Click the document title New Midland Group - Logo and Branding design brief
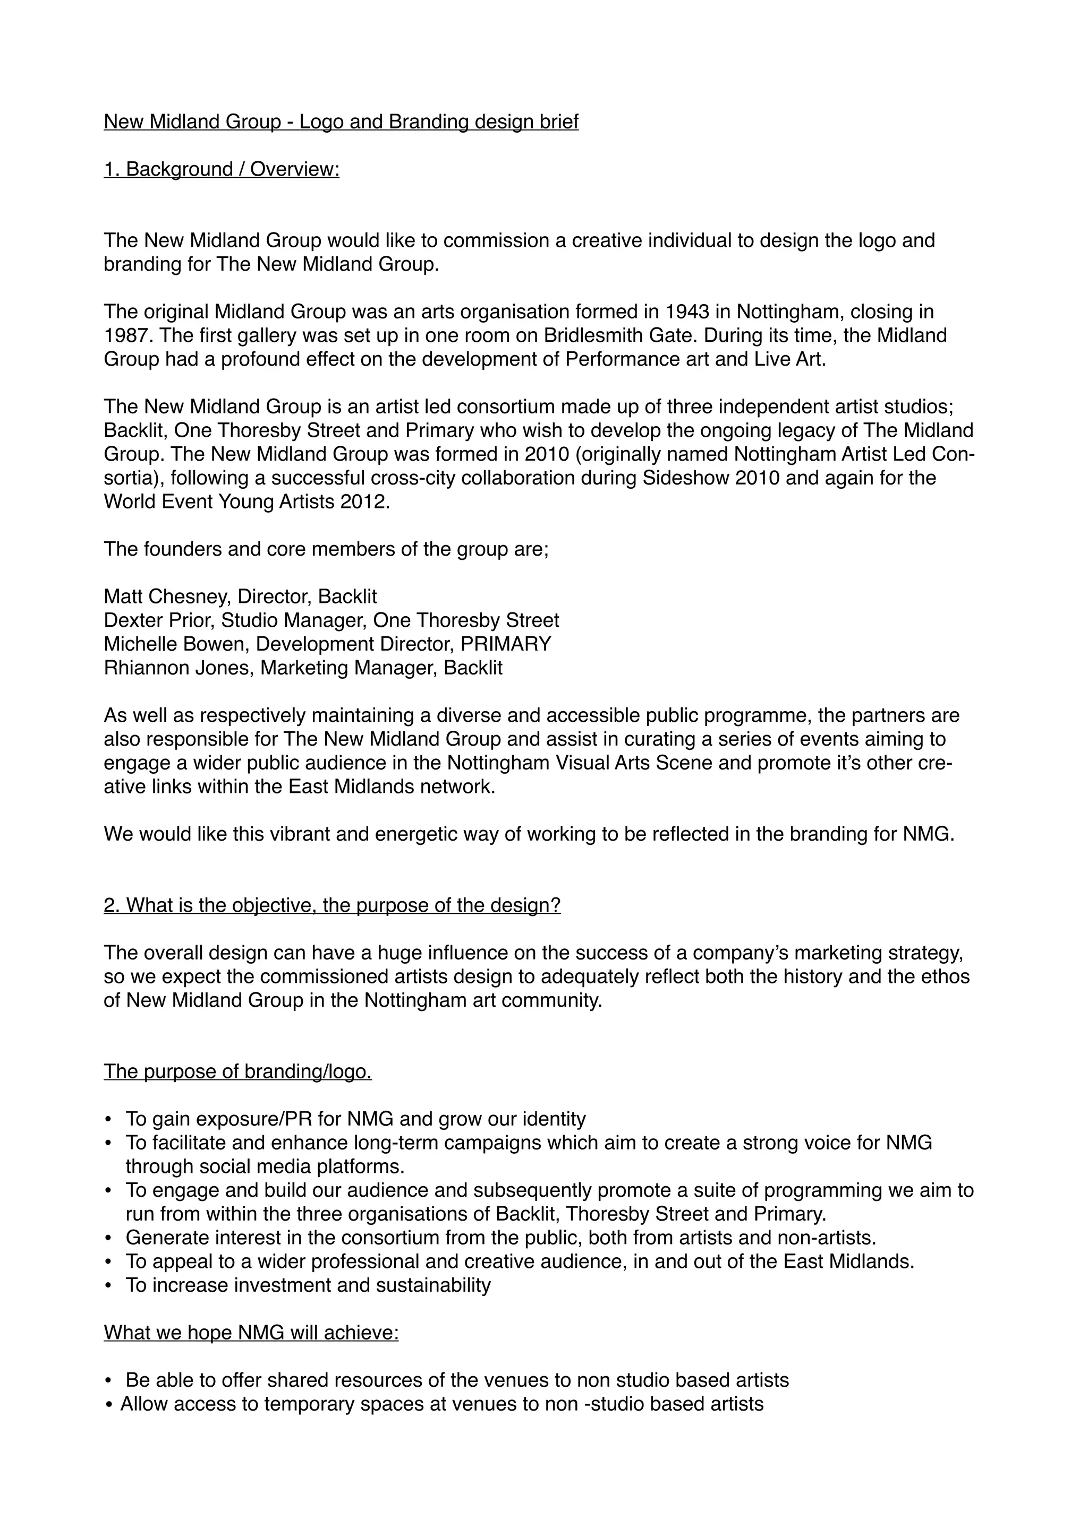(341, 122)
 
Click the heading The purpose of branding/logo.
(237, 1072)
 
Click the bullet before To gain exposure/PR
(108, 1120)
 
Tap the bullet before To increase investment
(108, 1286)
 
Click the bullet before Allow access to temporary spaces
(109, 1405)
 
